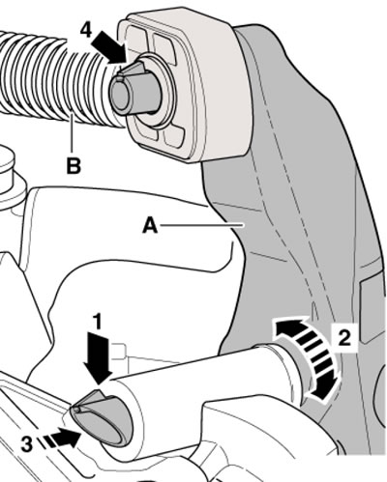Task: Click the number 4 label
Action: (x=86, y=31)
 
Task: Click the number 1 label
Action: (x=97, y=322)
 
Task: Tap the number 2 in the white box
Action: (x=344, y=338)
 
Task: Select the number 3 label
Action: (x=27, y=444)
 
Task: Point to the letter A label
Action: (x=150, y=225)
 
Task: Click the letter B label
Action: (x=74, y=166)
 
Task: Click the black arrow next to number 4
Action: (x=109, y=47)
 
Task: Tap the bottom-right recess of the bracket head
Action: (x=174, y=137)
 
